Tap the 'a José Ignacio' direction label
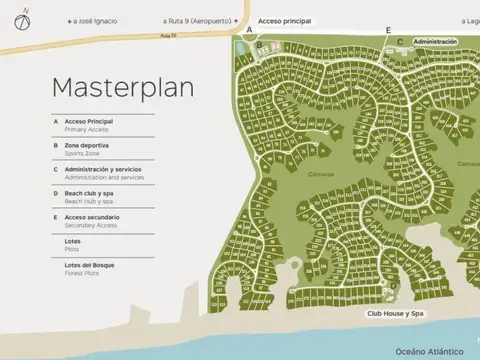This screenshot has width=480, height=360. (x=92, y=21)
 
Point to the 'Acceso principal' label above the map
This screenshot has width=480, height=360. (x=284, y=21)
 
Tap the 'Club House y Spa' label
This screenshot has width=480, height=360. (x=396, y=314)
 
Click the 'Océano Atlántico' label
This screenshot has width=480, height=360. (x=430, y=351)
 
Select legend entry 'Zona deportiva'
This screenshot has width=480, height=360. (x=88, y=145)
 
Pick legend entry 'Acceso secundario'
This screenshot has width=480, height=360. (x=92, y=217)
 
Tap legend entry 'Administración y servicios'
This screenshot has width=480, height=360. (x=105, y=169)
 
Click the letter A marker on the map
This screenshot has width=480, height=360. (x=248, y=31)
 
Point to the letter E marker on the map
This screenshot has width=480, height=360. (x=388, y=31)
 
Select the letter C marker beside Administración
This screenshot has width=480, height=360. (x=400, y=42)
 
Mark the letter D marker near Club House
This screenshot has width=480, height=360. (x=393, y=284)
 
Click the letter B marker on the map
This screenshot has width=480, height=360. (x=259, y=45)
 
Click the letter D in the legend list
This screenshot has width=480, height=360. (x=55, y=193)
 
